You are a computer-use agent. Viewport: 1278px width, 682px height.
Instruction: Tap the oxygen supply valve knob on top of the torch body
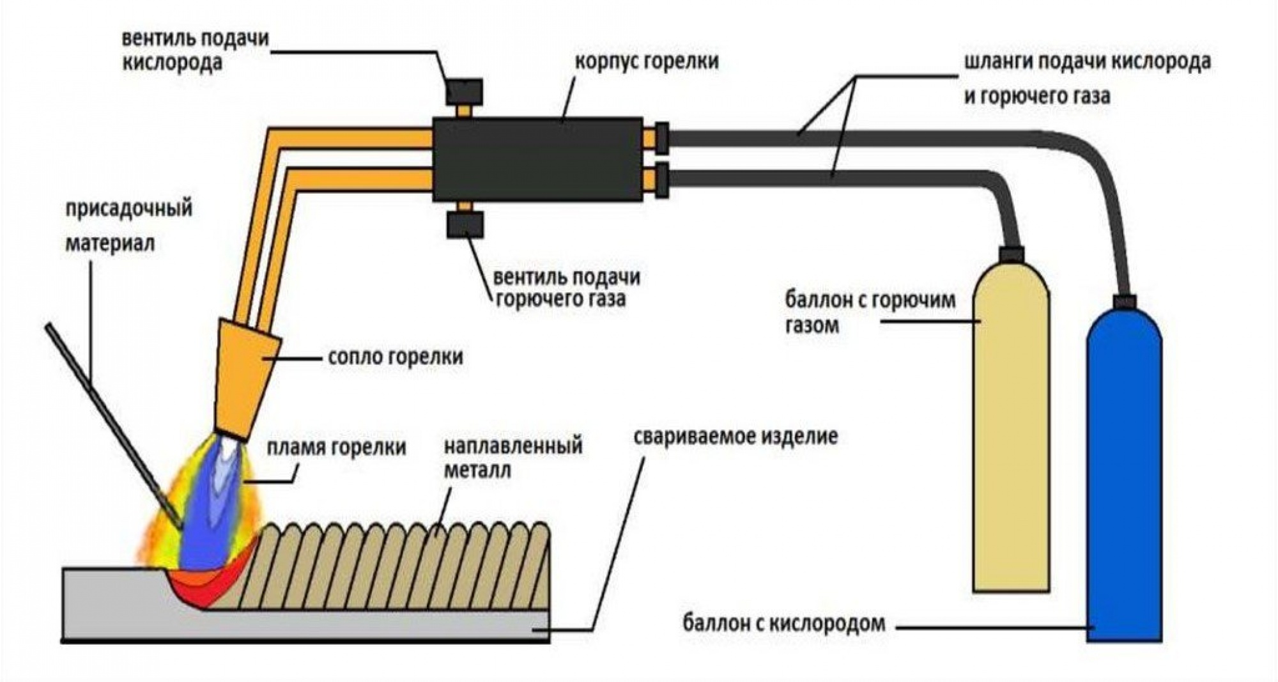[x=464, y=92]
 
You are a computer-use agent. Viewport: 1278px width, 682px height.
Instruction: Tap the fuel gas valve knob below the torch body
[x=465, y=225]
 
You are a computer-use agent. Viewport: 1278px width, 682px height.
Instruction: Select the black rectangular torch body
[x=537, y=160]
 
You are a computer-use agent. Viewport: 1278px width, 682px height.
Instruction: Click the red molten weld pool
[x=204, y=591]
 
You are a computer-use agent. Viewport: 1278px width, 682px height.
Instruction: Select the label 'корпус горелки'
[x=647, y=62]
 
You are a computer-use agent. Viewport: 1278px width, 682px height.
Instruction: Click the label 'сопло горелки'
[x=396, y=357]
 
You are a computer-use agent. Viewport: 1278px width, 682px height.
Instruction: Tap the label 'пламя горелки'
[x=336, y=447]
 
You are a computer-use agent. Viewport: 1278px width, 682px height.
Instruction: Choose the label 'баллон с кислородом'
[x=784, y=623]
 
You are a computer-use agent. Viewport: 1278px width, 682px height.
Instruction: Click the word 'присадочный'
[x=129, y=209]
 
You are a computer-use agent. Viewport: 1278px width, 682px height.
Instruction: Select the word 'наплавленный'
[x=513, y=446]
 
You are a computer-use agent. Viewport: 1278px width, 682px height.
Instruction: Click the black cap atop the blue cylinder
[x=1125, y=301]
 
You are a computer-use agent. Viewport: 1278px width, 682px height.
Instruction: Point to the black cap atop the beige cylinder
[x=1011, y=254]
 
